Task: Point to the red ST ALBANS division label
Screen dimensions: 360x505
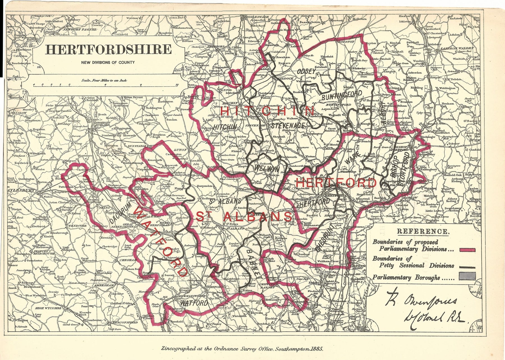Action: [244, 216]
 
